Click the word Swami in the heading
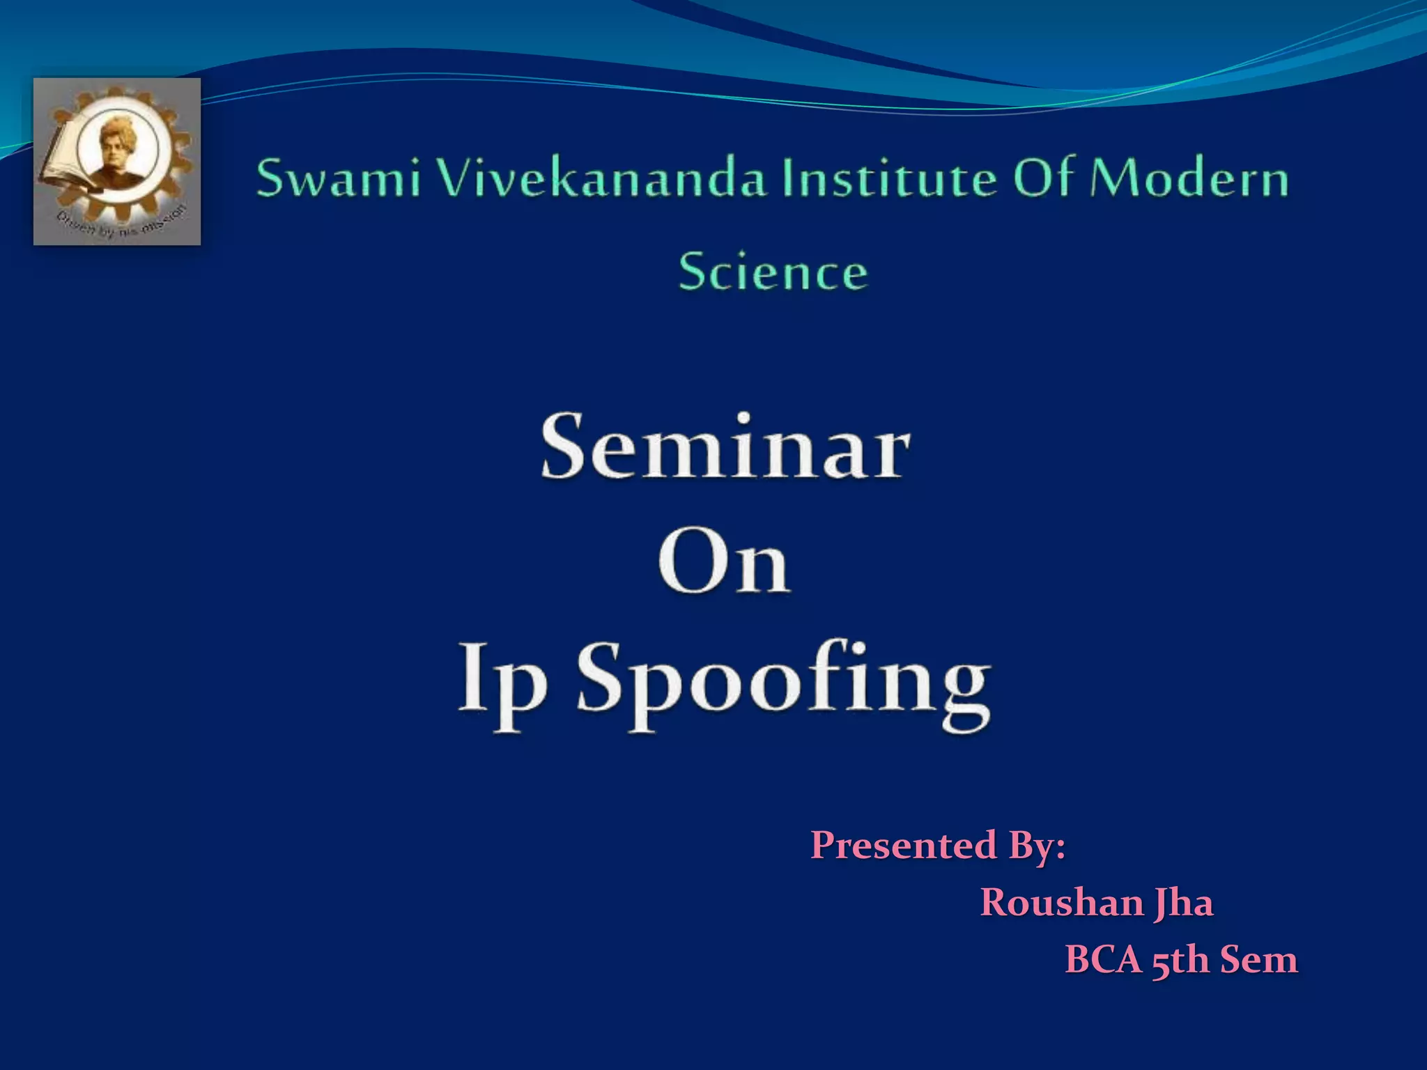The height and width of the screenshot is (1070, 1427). pos(339,178)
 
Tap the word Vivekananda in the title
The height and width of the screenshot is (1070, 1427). pos(601,178)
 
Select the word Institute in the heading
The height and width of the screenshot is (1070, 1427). pos(889,178)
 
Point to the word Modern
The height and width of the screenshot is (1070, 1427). pos(1189,178)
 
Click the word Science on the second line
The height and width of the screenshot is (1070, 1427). pos(773,272)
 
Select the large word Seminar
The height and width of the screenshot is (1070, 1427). pos(725,447)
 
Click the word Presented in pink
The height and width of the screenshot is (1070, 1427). pos(902,845)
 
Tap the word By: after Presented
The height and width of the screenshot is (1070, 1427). pos(1037,846)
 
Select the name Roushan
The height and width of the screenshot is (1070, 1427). pos(1061,903)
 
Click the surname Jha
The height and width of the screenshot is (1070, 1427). pos(1183,904)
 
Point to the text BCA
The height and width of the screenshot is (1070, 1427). pos(1104,959)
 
